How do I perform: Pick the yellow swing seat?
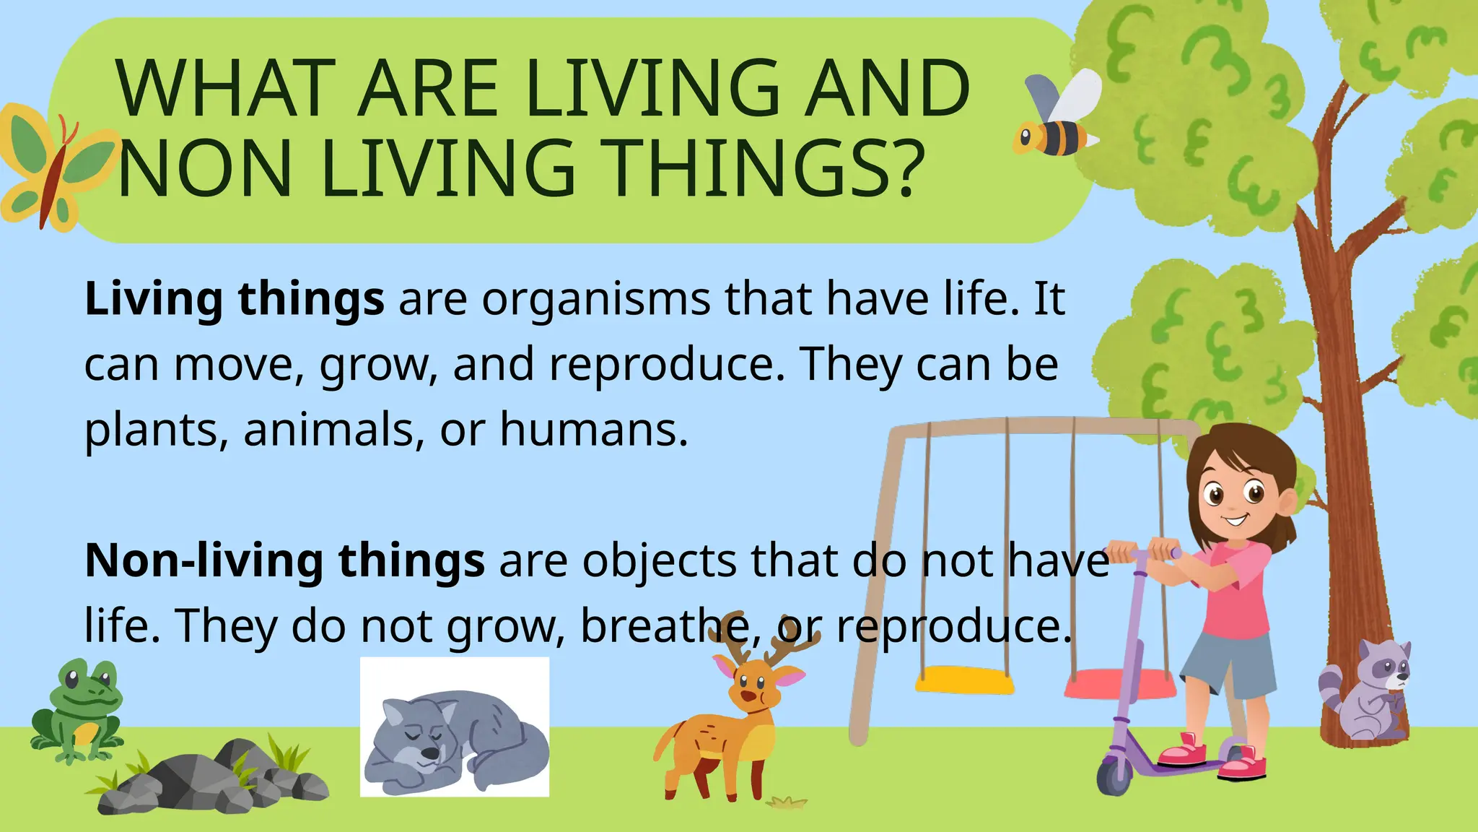click(964, 680)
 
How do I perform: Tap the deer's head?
click(754, 682)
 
